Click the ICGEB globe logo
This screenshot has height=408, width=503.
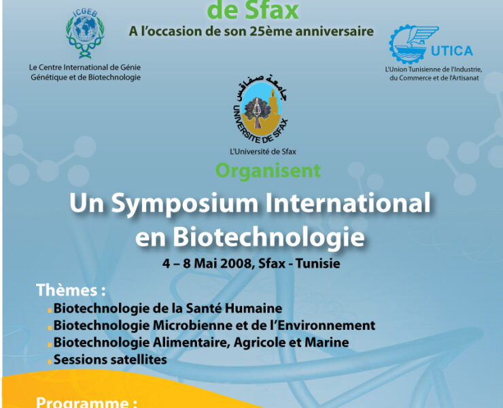pos(85,34)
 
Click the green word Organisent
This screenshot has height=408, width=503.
pos(268,169)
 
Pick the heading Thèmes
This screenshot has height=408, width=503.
pos(71,290)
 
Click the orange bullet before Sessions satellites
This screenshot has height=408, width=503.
pos(50,361)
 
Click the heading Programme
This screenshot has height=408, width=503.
pos(86,402)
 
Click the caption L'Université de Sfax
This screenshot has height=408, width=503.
pos(263,151)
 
